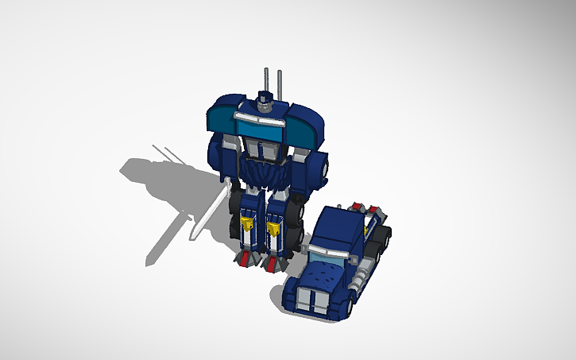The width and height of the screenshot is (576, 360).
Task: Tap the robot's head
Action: pos(268,103)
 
